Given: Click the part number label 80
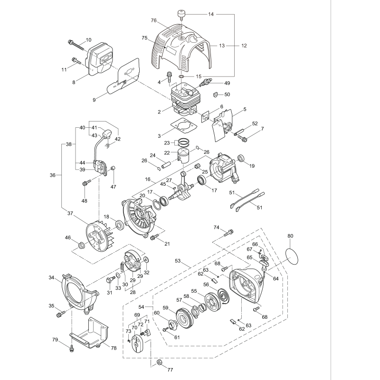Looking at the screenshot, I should click(x=290, y=236).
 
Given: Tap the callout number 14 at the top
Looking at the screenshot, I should click(x=210, y=15).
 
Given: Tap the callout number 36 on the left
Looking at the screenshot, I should click(x=52, y=175).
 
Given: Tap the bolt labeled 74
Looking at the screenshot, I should click(x=230, y=232).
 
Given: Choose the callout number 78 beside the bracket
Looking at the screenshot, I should click(x=113, y=349).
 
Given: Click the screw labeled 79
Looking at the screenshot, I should click(x=72, y=348).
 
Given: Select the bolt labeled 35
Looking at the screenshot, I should click(x=61, y=313).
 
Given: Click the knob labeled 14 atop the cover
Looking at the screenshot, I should click(x=181, y=14).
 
